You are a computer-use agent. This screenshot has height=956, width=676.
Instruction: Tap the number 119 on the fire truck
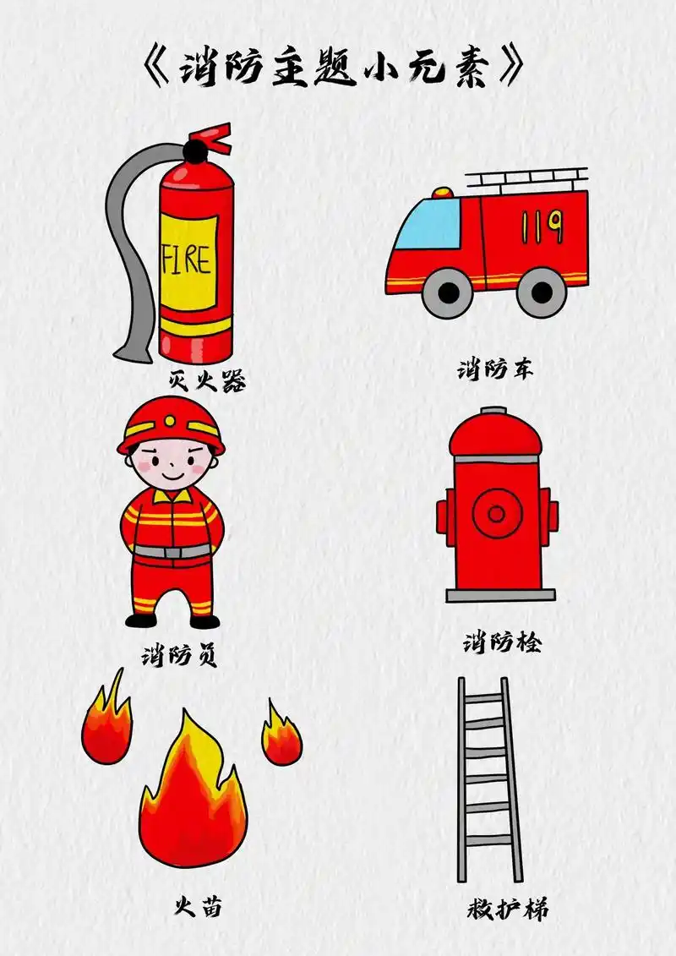[542, 226]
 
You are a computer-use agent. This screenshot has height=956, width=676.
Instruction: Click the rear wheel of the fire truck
[541, 292]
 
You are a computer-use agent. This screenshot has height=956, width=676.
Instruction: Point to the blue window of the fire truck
[429, 224]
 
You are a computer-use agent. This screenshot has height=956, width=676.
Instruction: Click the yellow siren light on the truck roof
[443, 194]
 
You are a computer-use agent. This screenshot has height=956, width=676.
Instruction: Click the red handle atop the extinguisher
[211, 137]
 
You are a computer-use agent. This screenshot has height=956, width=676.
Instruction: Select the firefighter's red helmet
[172, 423]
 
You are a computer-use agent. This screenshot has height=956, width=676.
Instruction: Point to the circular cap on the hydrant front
[497, 513]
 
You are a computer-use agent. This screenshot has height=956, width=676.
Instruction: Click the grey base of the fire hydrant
[500, 595]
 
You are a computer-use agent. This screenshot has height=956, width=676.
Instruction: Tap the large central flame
[193, 795]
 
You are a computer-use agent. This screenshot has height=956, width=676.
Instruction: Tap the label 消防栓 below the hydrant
[502, 643]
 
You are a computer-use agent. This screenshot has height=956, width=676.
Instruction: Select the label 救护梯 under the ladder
[507, 910]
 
